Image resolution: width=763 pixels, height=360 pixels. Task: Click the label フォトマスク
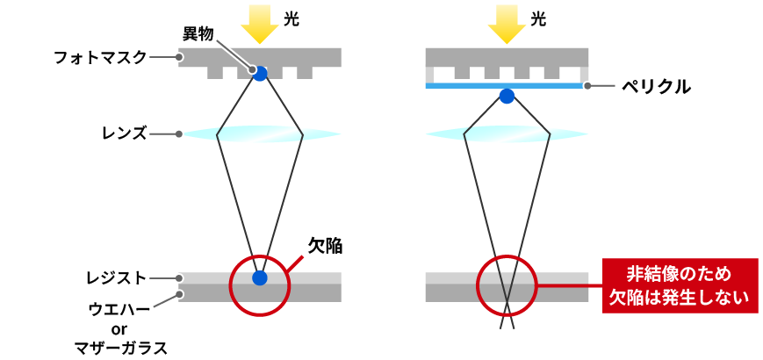pos(100,57)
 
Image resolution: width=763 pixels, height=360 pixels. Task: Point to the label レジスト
pos(116,278)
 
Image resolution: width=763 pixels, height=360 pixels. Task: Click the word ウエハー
pos(119,308)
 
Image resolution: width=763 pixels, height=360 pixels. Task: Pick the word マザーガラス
pos(119,348)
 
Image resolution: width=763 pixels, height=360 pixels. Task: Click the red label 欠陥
pos(326,246)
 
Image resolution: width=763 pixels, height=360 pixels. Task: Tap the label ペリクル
pos(657,86)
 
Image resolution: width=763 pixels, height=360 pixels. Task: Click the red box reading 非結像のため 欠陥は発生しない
pos(680,285)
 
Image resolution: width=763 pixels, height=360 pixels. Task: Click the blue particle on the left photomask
pos(261,74)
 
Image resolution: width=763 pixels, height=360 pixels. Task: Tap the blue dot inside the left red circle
pos(261,277)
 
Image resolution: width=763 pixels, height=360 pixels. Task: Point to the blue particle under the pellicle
pos(507,97)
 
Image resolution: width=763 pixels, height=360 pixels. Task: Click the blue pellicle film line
pos(505,86)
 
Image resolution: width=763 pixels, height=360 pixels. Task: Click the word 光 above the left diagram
pos(292,19)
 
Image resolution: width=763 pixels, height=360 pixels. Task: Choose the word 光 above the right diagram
pos(539,19)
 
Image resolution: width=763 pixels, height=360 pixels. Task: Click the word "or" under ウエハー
pos(119,329)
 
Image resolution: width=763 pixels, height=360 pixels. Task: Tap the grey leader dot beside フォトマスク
pos(178,57)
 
